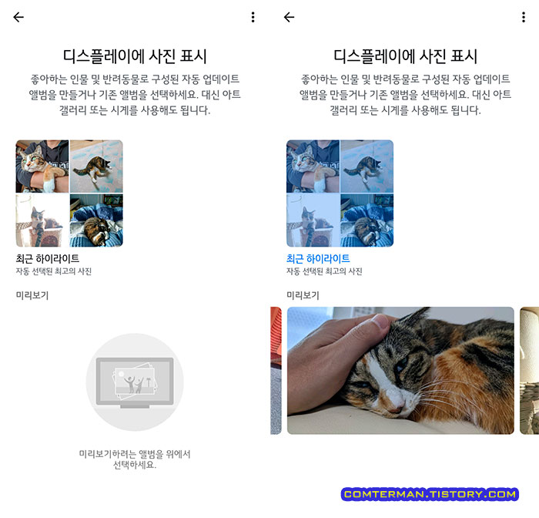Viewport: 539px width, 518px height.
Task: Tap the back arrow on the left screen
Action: pyautogui.click(x=18, y=17)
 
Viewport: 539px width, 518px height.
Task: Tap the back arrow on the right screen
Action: pyautogui.click(x=290, y=17)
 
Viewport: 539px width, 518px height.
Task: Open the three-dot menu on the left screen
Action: pyautogui.click(x=253, y=17)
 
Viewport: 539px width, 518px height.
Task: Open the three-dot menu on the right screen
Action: pyautogui.click(x=524, y=17)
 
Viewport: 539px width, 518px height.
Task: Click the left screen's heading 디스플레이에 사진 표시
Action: pyautogui.click(x=135, y=56)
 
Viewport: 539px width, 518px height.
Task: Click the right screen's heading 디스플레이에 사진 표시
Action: pyautogui.click(x=406, y=56)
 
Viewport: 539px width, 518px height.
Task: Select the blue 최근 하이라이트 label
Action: pyautogui.click(x=318, y=259)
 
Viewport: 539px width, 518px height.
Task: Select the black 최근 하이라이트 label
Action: pyautogui.click(x=48, y=259)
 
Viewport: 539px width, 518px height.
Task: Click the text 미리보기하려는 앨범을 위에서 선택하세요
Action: pyautogui.click(x=135, y=459)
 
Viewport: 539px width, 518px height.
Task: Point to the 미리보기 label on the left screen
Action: pyautogui.click(x=32, y=294)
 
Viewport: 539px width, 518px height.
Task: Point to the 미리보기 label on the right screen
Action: pyautogui.click(x=303, y=294)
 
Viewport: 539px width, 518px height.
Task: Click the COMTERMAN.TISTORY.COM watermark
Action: pyautogui.click(x=430, y=494)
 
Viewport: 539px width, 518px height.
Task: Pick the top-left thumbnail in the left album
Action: pyautogui.click(x=42, y=166)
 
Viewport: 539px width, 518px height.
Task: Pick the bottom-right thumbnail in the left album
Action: pyautogui.click(x=96, y=220)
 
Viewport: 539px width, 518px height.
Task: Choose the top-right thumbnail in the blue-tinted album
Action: pyautogui.click(x=367, y=166)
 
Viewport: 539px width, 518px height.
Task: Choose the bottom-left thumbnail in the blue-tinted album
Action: pyautogui.click(x=313, y=220)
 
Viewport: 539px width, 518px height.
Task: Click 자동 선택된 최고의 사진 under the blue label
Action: pyautogui.click(x=324, y=272)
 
